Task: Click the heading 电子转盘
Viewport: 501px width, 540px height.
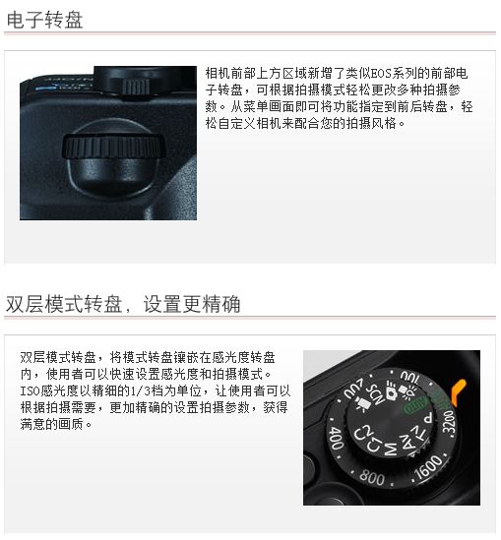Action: (x=45, y=20)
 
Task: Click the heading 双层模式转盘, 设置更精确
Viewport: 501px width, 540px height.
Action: (x=123, y=304)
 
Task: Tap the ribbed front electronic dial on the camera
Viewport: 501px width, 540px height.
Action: (x=113, y=148)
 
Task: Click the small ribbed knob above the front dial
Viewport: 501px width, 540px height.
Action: (x=135, y=87)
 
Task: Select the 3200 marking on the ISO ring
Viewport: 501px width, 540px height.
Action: (x=449, y=421)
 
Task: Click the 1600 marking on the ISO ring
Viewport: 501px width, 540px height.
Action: (x=428, y=466)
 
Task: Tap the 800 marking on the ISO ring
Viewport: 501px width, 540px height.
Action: (x=371, y=477)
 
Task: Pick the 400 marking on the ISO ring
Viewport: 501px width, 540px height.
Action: (x=336, y=437)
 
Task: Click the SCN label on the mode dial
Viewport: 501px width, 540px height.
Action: (x=375, y=393)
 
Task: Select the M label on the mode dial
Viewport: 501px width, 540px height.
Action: (x=390, y=449)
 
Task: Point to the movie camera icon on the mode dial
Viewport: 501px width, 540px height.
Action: (x=361, y=403)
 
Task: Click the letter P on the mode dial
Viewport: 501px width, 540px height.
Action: (x=428, y=418)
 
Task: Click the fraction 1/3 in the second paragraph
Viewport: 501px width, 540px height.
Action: (x=142, y=390)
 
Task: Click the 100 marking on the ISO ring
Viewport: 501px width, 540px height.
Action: (x=409, y=378)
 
